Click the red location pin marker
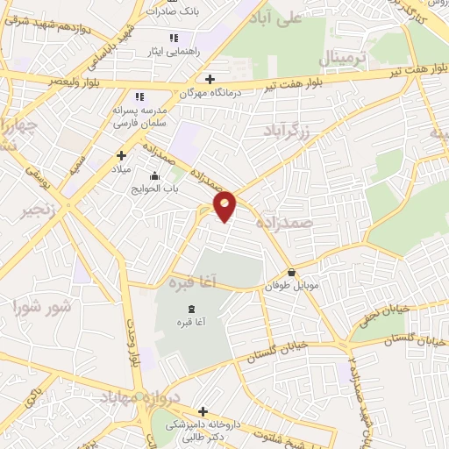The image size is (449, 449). tap(226, 204)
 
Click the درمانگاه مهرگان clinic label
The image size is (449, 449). tap(184, 91)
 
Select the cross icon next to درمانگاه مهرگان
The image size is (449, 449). tap(210, 80)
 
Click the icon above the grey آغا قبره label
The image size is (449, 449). tap(191, 309)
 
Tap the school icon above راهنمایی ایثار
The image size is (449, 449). tap(174, 39)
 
